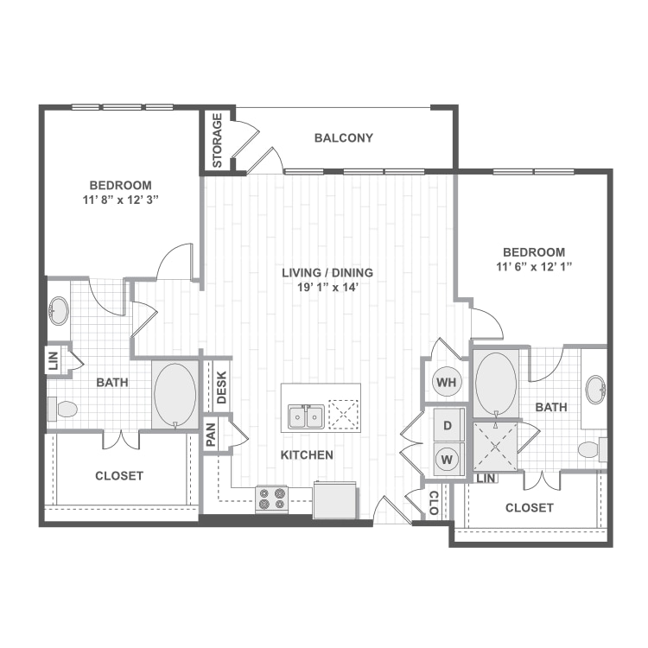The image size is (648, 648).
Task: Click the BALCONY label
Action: point(344,138)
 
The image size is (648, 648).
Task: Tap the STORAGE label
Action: point(218,140)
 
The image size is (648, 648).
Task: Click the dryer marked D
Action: point(448,425)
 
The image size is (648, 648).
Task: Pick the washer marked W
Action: point(448,459)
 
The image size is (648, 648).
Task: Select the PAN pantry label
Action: point(212,434)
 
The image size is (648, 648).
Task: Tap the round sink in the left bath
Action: point(60,310)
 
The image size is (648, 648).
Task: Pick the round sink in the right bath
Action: point(595,390)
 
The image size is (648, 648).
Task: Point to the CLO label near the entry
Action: point(434,503)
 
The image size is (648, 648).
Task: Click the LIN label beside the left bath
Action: point(54,360)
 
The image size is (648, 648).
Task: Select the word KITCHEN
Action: point(307,454)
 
